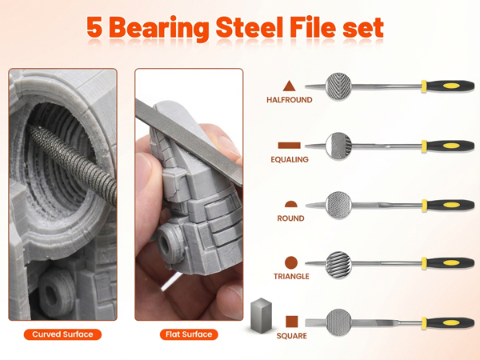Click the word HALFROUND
click(290, 101)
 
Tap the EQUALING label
click(290, 159)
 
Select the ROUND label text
click(290, 218)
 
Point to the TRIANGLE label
click(290, 277)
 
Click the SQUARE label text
click(291, 336)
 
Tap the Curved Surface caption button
click(62, 334)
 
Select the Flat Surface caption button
click(189, 334)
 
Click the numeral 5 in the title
click(95, 28)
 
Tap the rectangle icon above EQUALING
click(290, 145)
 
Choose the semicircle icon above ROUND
click(290, 204)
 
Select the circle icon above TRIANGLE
click(290, 262)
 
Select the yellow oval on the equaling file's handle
click(451, 146)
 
